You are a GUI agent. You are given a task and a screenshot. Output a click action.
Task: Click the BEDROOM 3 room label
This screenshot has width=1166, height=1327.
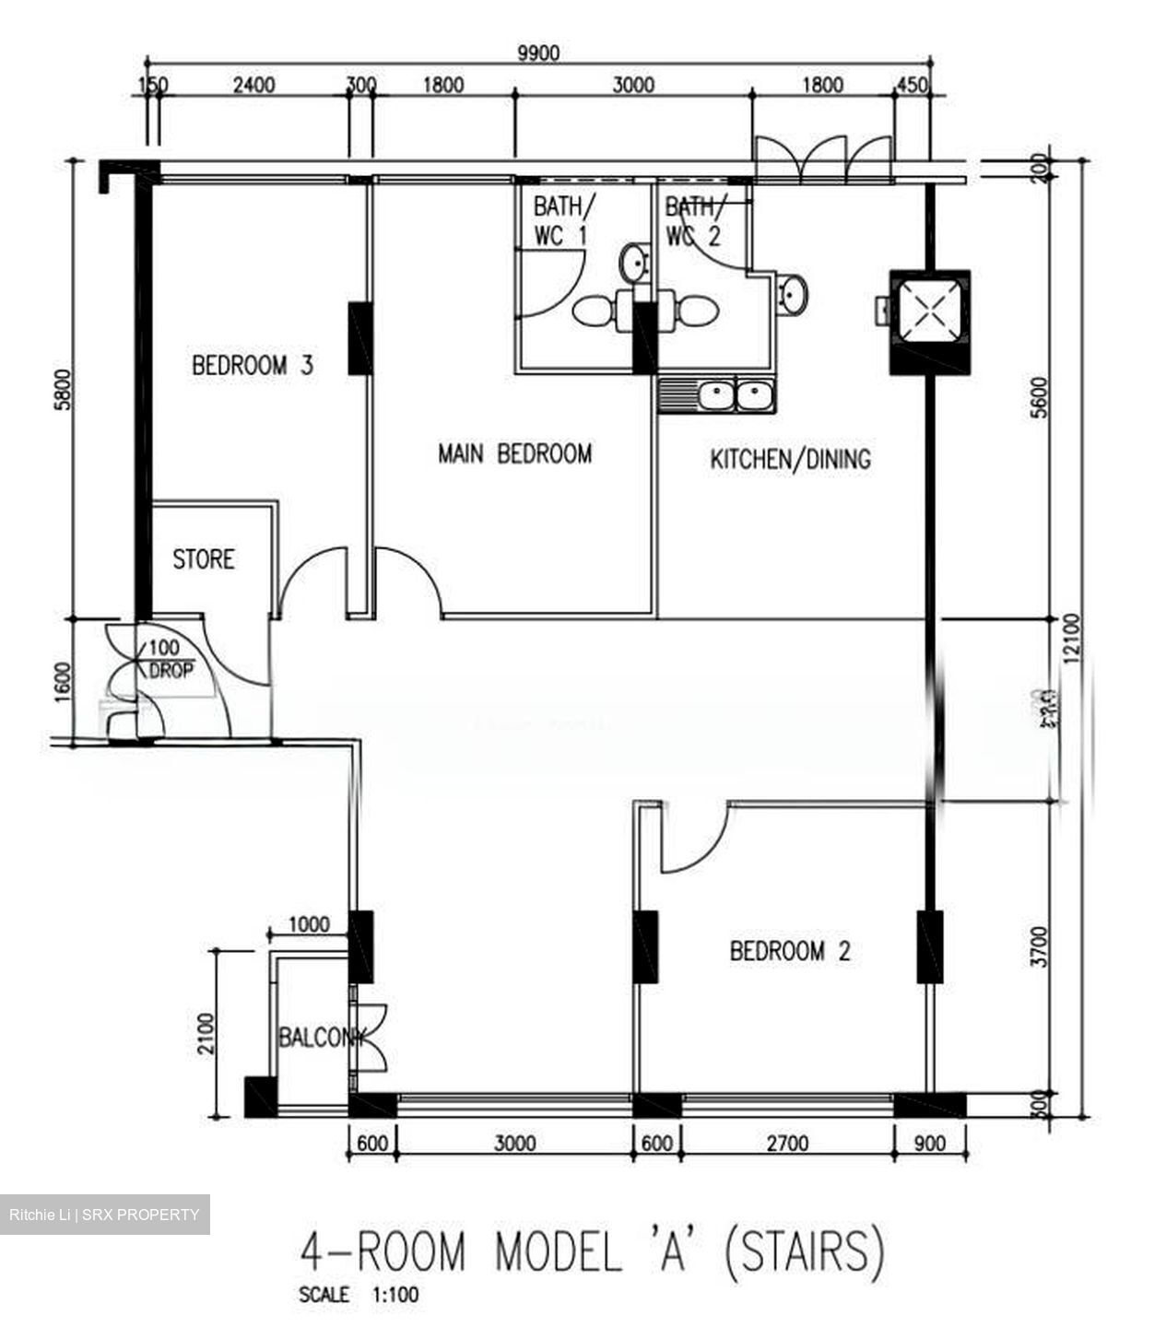pos(253,365)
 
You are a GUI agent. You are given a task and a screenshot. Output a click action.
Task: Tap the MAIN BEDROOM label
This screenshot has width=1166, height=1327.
pos(514,453)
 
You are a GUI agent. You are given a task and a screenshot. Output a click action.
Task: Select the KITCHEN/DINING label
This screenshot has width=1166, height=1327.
pos(790,459)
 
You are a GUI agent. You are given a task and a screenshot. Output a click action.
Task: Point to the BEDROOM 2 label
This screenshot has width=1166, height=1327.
pos(790,951)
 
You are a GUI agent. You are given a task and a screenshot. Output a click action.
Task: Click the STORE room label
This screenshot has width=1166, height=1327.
pos(204,559)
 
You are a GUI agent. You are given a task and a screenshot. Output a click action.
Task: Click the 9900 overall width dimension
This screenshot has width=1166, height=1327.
pos(537,53)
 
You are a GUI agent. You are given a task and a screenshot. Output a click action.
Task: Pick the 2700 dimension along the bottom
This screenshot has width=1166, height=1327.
pos(786,1144)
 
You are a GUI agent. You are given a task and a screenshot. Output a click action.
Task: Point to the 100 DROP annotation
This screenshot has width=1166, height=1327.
pos(170,660)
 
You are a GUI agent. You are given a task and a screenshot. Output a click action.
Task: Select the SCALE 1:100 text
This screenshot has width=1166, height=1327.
pos(359,1295)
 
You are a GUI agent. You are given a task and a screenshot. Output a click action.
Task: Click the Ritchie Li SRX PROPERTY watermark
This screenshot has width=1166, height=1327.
pos(104,1215)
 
